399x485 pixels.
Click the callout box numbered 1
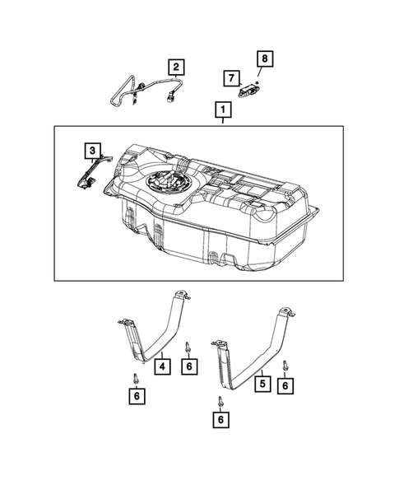click(220, 109)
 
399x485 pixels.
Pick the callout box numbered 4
click(165, 365)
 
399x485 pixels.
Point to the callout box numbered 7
click(233, 78)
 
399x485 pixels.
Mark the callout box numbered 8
click(265, 58)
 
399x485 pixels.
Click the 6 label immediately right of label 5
click(286, 385)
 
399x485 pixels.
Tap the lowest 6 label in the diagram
click(220, 420)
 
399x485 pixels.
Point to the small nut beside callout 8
click(257, 83)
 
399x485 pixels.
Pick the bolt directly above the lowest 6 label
click(220, 401)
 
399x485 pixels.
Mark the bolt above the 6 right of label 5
click(286, 365)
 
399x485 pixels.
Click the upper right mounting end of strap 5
click(289, 310)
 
